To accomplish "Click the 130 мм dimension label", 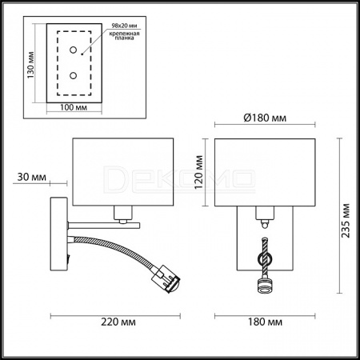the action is [31, 65].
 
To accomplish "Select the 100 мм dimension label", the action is [74, 107].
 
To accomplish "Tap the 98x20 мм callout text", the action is [124, 26].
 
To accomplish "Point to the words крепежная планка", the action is [124, 36].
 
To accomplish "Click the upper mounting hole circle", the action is [73, 50].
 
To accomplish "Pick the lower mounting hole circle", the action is [73, 76].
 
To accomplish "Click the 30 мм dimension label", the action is [31, 177].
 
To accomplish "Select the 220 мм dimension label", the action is [118, 322].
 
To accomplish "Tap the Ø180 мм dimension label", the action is [265, 118].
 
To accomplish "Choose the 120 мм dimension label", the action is [198, 172].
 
